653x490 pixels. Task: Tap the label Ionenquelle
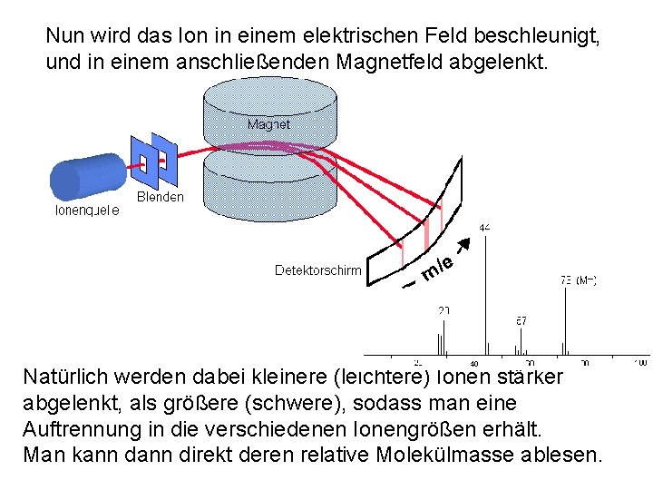pos(88,211)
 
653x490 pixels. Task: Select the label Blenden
pos(160,197)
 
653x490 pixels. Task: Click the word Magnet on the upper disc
pos(268,124)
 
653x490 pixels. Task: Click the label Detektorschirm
pos(317,270)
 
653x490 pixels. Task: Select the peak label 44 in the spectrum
pos(485,228)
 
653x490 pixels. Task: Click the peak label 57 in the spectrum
pos(521,320)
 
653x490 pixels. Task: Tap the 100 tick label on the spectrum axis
pos(641,363)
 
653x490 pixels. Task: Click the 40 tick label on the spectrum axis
pos(473,364)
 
